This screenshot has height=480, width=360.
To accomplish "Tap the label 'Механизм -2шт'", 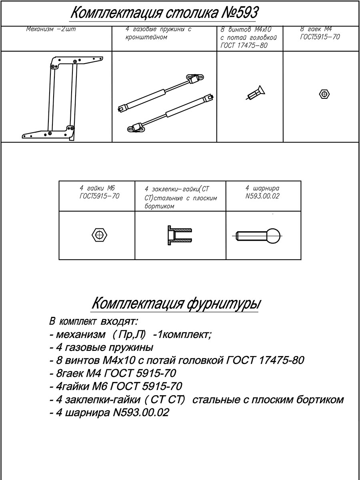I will tap(51, 30).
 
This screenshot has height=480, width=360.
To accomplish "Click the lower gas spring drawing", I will tap(170, 113).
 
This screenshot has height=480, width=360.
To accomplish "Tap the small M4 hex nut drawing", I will tap(324, 94).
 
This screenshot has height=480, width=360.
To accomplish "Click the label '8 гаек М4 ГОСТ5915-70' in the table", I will tap(319, 33).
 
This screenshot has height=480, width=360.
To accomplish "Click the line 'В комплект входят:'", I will tap(93, 322).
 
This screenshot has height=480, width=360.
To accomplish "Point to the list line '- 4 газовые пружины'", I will tap(101, 347).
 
